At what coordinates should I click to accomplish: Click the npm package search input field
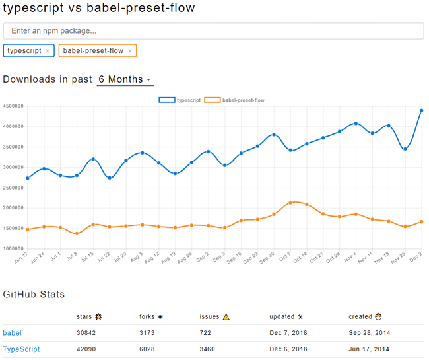[x=213, y=31]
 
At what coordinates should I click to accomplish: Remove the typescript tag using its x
[x=48, y=51]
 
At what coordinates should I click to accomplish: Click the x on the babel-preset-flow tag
[x=130, y=51]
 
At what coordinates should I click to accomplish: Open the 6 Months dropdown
[x=125, y=79]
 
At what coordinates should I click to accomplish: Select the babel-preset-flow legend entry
[x=234, y=100]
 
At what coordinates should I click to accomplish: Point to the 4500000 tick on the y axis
[x=13, y=106]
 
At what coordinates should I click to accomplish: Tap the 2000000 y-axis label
[x=13, y=208]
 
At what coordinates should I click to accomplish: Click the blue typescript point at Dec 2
[x=421, y=110]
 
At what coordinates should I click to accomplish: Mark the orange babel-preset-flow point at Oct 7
[x=290, y=203]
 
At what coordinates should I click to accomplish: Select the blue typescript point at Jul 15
[x=94, y=159]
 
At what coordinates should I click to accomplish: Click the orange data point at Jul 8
[x=77, y=233]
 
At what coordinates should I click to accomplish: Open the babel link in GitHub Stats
[x=12, y=332]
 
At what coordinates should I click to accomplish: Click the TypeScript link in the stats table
[x=21, y=349]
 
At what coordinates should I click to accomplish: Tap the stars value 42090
[x=87, y=349]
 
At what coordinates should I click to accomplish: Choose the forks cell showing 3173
[x=148, y=332]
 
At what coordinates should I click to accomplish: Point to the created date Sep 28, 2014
[x=369, y=332]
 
